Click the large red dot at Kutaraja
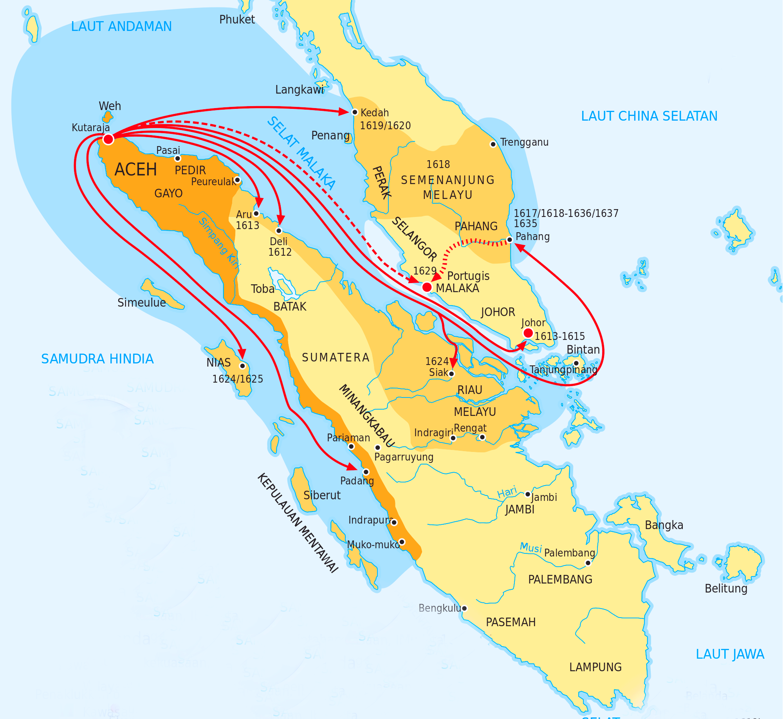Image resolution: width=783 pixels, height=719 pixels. [x=108, y=139]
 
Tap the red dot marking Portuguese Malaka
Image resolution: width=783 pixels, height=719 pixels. [x=427, y=287]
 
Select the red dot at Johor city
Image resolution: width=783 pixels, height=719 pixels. [x=528, y=333]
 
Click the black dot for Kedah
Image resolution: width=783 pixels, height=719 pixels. [x=355, y=112]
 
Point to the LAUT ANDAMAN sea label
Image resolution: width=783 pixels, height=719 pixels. [x=121, y=27]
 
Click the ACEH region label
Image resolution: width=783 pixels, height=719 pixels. [x=135, y=170]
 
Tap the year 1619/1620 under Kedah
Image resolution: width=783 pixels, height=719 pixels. [x=385, y=126]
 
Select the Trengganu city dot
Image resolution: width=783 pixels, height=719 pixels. [x=493, y=144]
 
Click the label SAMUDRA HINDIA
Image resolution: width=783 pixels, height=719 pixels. [x=97, y=359]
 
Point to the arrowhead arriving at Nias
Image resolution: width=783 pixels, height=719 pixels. [x=242, y=354]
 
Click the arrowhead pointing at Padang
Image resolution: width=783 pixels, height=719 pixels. [x=352, y=467]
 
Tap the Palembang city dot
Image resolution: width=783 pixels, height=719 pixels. [x=588, y=563]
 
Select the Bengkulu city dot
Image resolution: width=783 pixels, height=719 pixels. [x=464, y=609]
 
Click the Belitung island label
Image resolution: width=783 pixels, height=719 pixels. [x=726, y=589]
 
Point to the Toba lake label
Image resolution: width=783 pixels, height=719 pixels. [x=262, y=289]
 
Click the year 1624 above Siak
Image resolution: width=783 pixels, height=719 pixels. [x=437, y=361]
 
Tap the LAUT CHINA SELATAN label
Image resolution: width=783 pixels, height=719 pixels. [x=649, y=116]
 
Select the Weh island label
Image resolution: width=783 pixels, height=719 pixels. [x=110, y=106]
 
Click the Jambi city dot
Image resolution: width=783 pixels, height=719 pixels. [x=527, y=494]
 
